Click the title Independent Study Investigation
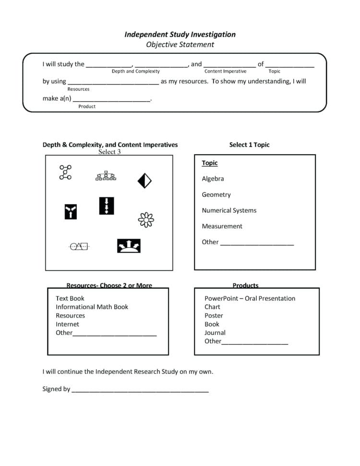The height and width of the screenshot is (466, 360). point(180,35)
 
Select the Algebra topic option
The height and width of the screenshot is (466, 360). point(213,179)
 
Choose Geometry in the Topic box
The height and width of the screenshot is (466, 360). point(216,195)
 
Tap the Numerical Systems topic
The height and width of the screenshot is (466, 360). point(229,210)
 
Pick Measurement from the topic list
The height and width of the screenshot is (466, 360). point(222,226)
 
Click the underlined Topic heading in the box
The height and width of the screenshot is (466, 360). point(210,163)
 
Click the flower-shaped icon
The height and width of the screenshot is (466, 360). point(146,220)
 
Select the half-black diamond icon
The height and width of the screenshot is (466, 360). point(144,181)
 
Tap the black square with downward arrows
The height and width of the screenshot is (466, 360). point(107,206)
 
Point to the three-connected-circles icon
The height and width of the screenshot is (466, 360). point(65,172)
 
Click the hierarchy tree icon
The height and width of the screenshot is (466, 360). point(106,176)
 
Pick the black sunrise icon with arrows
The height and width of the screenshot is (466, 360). point(129,246)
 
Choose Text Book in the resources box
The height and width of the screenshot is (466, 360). point(70,298)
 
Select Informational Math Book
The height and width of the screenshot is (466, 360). point(92,307)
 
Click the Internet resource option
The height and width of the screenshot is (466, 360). point(67,324)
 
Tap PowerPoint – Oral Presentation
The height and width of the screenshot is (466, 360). point(250,298)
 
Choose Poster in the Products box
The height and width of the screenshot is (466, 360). point(214,316)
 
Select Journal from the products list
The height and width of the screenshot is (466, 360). point(215,332)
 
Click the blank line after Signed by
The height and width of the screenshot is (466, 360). point(140,390)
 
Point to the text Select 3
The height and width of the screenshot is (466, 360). point(109,152)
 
